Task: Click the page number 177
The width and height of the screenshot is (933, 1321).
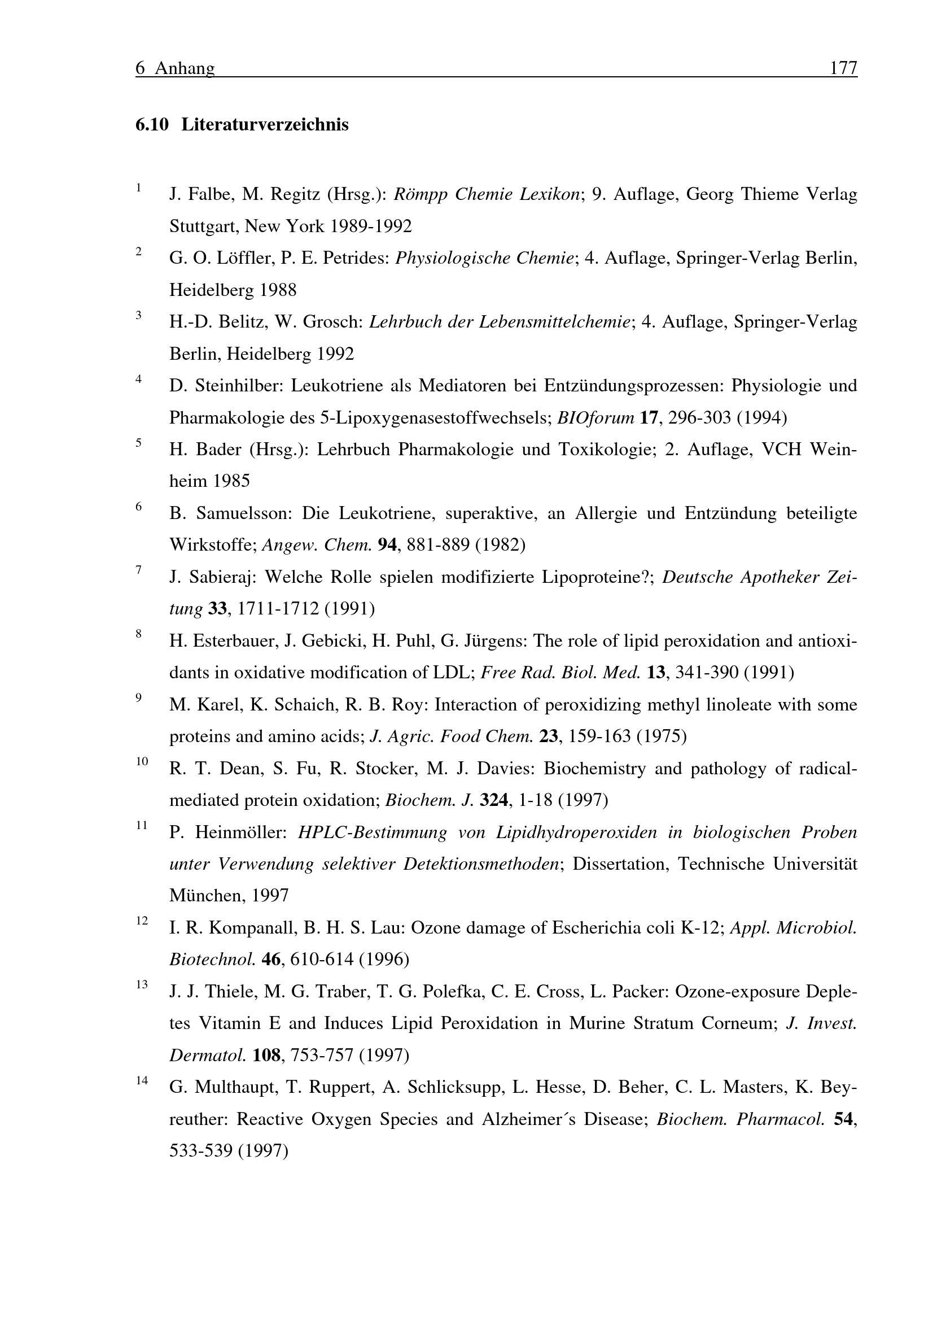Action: click(843, 68)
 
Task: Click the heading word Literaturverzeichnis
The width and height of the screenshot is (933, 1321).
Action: click(265, 125)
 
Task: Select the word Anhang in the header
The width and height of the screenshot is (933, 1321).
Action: click(185, 68)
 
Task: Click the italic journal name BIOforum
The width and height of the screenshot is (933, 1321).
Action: click(595, 417)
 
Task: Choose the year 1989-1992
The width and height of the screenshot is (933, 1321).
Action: click(371, 226)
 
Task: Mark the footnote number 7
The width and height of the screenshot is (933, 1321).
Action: click(138, 570)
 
